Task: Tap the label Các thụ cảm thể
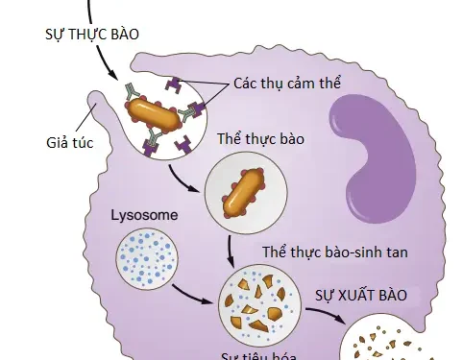287,84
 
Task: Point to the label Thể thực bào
261,139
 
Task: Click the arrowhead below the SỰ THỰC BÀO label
114,76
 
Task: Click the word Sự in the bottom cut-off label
231,355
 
